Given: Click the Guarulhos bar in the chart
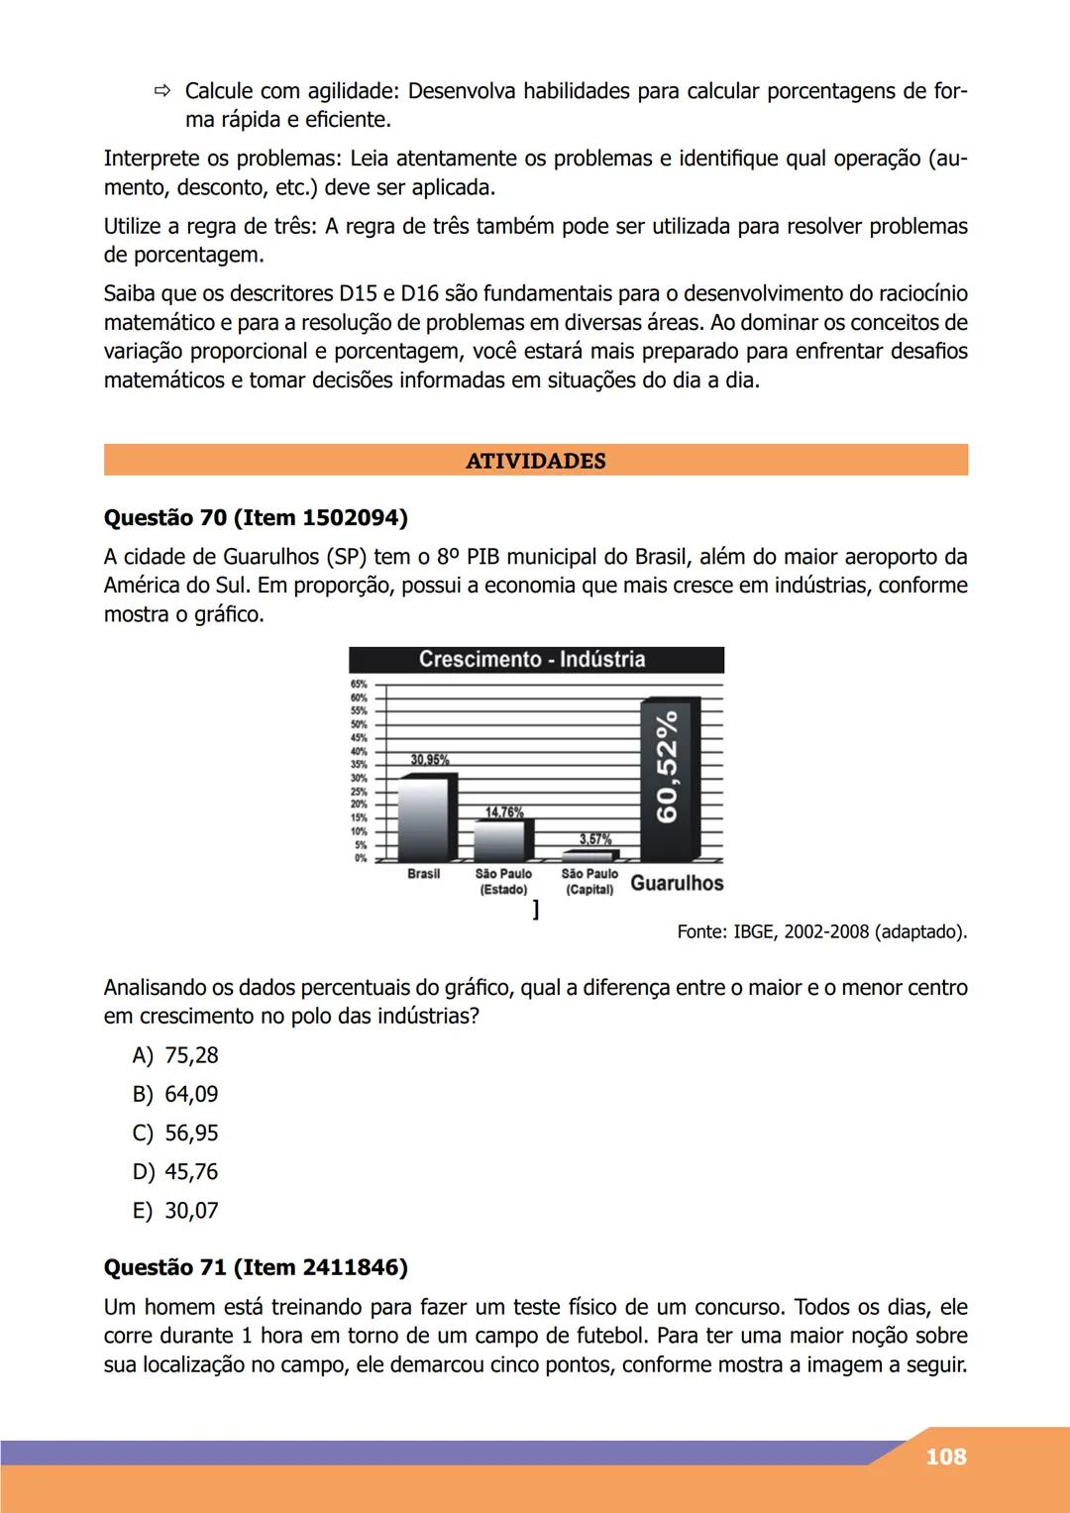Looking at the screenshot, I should tap(669, 780).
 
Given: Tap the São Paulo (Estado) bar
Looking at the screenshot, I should tap(503, 840).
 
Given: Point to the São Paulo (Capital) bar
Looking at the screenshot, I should tap(590, 854).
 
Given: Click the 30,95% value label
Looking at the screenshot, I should tap(429, 760).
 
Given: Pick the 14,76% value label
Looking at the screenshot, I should tap(503, 812).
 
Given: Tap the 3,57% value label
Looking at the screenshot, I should tap(595, 839).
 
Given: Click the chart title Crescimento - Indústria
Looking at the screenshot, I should tap(532, 660).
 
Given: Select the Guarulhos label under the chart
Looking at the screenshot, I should tap(677, 883).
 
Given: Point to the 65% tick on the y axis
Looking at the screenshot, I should tap(358, 684).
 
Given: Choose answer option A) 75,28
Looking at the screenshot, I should tap(175, 1055).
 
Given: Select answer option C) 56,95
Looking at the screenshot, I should tap(175, 1133).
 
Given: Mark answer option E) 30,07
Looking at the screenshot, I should tap(175, 1210).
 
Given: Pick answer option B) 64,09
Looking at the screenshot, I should tap(175, 1094).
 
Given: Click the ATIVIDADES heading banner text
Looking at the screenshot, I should tap(535, 461).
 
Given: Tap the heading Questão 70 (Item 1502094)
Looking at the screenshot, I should tap(256, 517).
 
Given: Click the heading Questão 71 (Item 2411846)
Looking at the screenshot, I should tap(256, 1267).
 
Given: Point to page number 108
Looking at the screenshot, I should tap(945, 1457).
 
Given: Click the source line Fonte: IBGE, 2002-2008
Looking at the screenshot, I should tap(821, 931).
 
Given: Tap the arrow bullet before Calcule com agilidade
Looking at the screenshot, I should tap(161, 92).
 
